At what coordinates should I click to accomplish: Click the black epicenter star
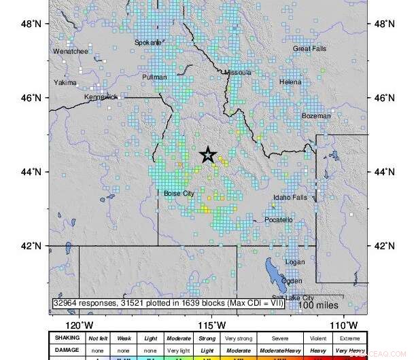[209, 155]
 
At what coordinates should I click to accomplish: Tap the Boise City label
[179, 194]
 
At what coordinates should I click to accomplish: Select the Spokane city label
[148, 42]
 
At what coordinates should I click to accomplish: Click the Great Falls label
[310, 49]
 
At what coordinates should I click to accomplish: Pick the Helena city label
[290, 82]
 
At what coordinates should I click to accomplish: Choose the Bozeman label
[316, 116]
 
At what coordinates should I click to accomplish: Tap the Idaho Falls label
[290, 198]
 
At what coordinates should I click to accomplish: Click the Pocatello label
[279, 220]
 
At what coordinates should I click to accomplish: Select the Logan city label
[295, 262]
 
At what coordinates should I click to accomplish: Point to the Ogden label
[292, 281]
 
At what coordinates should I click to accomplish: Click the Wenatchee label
[71, 51]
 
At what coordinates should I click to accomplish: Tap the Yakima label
[65, 83]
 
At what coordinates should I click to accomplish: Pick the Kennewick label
[101, 97]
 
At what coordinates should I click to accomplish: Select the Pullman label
[154, 77]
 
